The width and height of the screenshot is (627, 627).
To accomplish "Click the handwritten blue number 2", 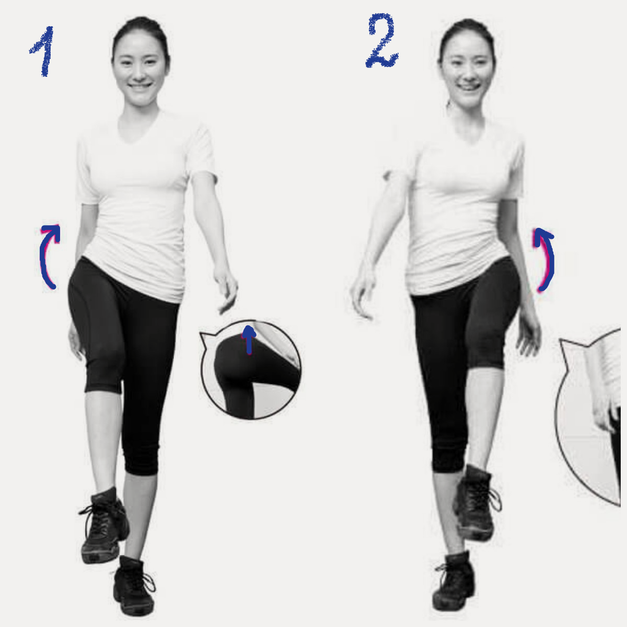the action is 381,41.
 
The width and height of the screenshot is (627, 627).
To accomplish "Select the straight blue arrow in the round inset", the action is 249,340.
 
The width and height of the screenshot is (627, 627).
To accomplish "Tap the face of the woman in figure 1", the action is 140,70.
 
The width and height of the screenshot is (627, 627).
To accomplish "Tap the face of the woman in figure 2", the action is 467,73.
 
